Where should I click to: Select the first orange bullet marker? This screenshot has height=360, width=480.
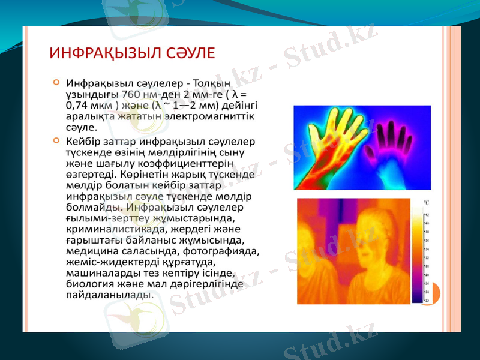tap(56, 82)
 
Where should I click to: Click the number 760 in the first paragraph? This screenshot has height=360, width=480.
tap(131, 94)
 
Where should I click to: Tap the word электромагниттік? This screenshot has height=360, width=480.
tap(216, 116)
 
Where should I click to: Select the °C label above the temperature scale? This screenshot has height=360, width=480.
tap(425, 204)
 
